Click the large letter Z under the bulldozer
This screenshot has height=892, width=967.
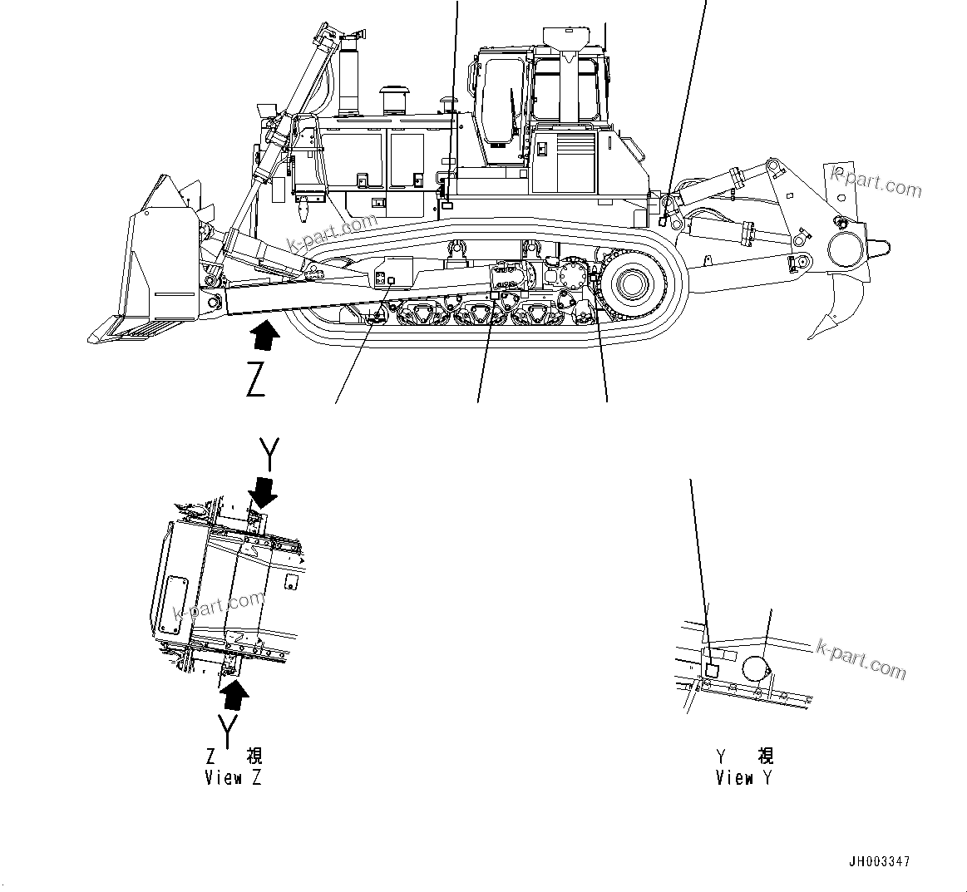click(256, 380)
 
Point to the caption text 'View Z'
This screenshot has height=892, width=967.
click(233, 779)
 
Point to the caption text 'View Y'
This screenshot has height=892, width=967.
click(743, 779)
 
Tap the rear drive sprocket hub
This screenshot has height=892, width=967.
click(629, 284)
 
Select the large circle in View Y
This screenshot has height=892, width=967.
click(755, 667)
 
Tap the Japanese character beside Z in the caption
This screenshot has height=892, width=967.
click(254, 756)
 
